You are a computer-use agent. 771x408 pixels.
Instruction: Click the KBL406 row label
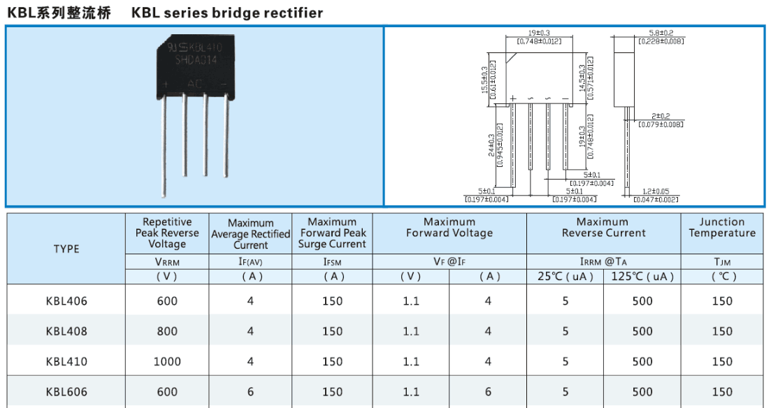(x=66, y=301)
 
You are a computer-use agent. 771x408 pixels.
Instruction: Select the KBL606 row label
(x=66, y=392)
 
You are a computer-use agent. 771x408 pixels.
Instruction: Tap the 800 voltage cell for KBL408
(x=167, y=332)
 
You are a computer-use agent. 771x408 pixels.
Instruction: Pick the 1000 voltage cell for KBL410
(x=167, y=362)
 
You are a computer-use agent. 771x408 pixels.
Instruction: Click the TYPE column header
(x=66, y=249)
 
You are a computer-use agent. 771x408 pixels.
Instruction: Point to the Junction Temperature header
(x=722, y=228)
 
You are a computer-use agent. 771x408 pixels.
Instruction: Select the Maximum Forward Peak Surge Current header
(x=332, y=233)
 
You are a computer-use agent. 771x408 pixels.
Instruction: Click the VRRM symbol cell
(x=167, y=261)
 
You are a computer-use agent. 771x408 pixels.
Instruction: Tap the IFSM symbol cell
(x=332, y=261)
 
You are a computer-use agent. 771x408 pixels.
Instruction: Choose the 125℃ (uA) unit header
(x=642, y=277)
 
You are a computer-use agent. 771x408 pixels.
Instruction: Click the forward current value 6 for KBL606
(x=488, y=392)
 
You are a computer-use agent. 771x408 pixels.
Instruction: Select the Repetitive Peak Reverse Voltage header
(x=167, y=233)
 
